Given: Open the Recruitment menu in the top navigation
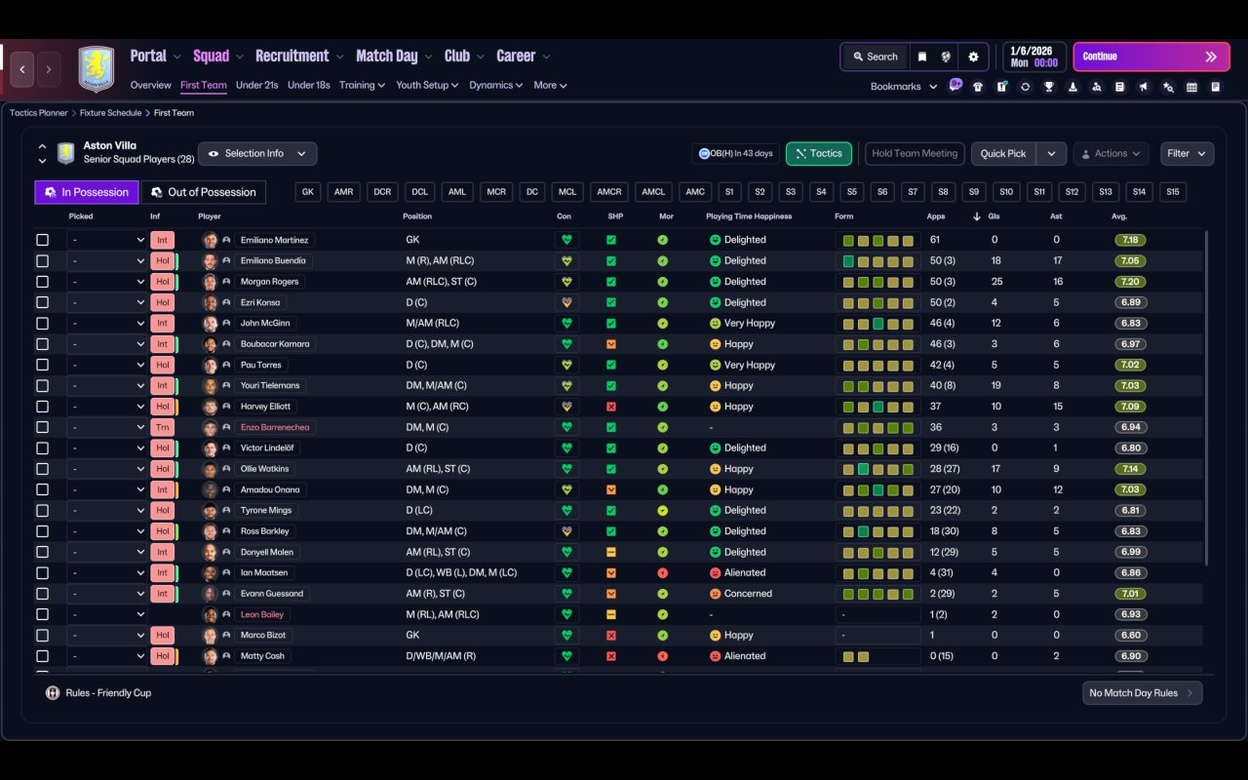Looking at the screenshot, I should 292,57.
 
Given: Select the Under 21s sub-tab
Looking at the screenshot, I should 257,85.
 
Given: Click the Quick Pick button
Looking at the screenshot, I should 1003,154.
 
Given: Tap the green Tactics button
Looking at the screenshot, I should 819,154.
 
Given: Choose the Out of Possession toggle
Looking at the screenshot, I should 203,192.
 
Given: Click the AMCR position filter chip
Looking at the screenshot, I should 609,192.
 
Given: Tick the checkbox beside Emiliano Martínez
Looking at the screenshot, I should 42,240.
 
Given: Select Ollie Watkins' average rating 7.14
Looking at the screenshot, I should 1131,469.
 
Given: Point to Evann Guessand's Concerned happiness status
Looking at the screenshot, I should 748,594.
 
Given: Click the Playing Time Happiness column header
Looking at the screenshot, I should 749,216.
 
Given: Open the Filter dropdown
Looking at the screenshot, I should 1187,154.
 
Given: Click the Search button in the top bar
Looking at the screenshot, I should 875,57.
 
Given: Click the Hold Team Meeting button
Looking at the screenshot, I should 915,154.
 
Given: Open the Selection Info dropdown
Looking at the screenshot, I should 257,154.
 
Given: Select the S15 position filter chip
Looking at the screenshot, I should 1172,192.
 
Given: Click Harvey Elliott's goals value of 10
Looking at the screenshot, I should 995,407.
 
